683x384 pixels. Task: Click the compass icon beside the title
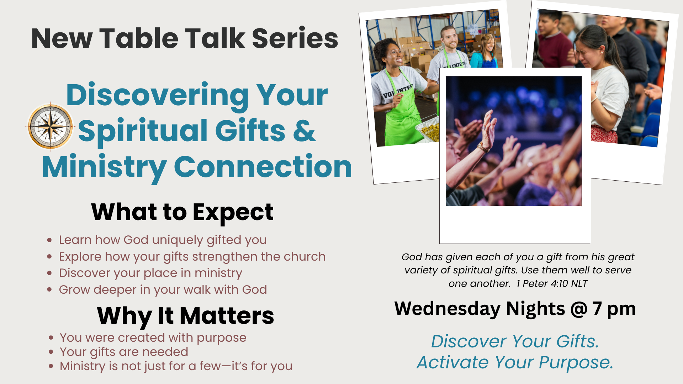click(x=51, y=126)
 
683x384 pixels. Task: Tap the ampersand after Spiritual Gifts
click(x=305, y=130)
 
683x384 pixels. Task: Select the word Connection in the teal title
click(x=263, y=166)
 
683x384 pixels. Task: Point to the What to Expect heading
click(x=182, y=213)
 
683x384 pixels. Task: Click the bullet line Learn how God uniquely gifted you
click(x=163, y=240)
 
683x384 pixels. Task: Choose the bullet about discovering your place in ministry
click(x=150, y=273)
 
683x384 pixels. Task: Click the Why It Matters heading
click(x=185, y=316)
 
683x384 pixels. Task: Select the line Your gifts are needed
click(x=124, y=352)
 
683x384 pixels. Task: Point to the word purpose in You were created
click(x=221, y=338)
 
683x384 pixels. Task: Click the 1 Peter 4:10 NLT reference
click(x=552, y=283)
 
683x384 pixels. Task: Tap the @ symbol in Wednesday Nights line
click(x=579, y=309)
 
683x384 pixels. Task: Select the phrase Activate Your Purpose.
click(x=515, y=362)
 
